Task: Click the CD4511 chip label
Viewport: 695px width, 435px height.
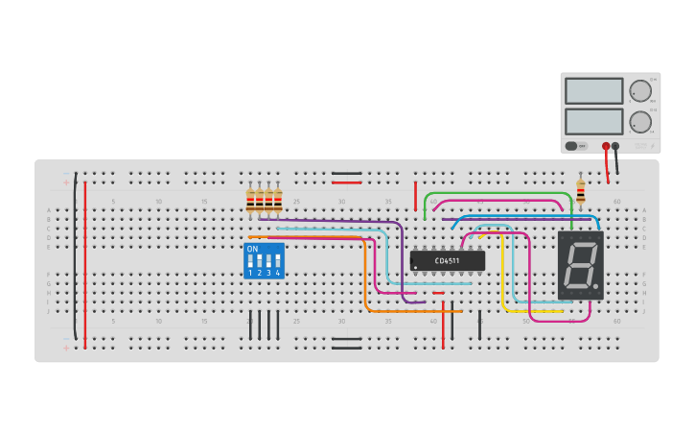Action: click(x=448, y=260)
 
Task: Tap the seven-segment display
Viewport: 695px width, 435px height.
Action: click(x=581, y=265)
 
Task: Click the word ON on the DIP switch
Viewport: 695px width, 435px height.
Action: click(x=252, y=250)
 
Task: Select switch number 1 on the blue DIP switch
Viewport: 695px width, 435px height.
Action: click(x=251, y=263)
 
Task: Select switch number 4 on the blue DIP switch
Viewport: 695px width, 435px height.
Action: click(x=278, y=263)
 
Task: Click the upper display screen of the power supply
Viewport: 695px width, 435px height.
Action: click(x=593, y=91)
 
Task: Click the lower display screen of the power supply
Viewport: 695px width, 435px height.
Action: click(x=593, y=121)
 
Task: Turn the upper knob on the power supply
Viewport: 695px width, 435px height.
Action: click(x=640, y=91)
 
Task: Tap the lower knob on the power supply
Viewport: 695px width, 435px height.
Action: click(x=640, y=122)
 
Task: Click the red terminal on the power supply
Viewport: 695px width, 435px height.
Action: click(x=606, y=147)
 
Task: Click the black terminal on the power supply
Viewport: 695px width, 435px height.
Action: click(x=616, y=147)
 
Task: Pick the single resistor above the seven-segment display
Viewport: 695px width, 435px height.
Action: click(x=580, y=191)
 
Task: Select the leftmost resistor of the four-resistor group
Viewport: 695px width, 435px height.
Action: click(x=251, y=201)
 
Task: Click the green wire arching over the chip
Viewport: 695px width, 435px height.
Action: click(x=498, y=194)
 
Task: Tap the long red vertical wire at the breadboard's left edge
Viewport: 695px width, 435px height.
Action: click(x=85, y=259)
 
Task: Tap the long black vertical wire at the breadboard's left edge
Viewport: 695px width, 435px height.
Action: click(x=75, y=259)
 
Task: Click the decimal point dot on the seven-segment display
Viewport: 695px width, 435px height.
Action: click(x=598, y=287)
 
